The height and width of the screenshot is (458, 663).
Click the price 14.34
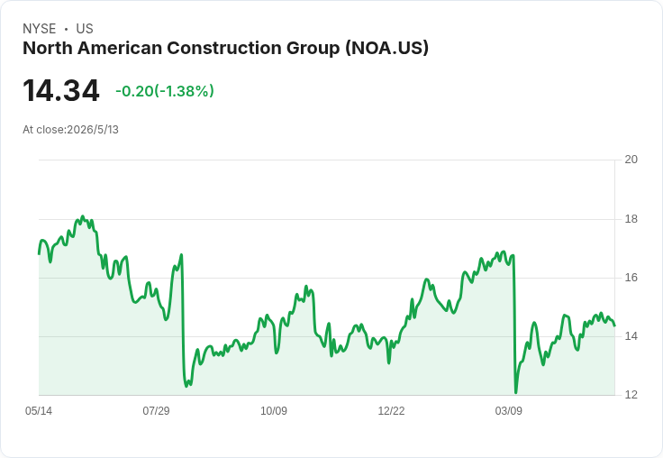tap(61, 90)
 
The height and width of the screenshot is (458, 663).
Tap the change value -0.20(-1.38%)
tap(165, 91)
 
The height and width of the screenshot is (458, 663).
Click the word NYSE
tap(40, 29)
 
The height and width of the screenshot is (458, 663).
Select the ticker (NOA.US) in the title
tap(386, 48)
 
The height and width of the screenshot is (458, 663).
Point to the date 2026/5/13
tap(93, 130)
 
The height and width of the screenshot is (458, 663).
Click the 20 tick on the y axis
tap(631, 160)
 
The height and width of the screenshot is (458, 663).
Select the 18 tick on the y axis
tap(631, 219)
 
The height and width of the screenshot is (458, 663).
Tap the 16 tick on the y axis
tap(631, 278)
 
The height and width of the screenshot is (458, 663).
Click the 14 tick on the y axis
tap(631, 336)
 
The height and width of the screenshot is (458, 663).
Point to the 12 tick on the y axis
tap(631, 395)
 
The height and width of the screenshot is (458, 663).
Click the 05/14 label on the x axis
tap(39, 411)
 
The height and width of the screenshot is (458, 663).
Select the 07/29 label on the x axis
tap(156, 411)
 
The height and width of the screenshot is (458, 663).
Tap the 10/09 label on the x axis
tap(274, 411)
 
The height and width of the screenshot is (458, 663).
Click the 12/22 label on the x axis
tap(391, 411)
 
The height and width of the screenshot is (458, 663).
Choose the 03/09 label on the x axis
tap(509, 411)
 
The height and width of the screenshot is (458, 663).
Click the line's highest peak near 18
tap(83, 216)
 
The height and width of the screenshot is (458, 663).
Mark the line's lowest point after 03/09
tap(516, 392)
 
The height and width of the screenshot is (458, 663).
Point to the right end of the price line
tap(614, 325)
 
